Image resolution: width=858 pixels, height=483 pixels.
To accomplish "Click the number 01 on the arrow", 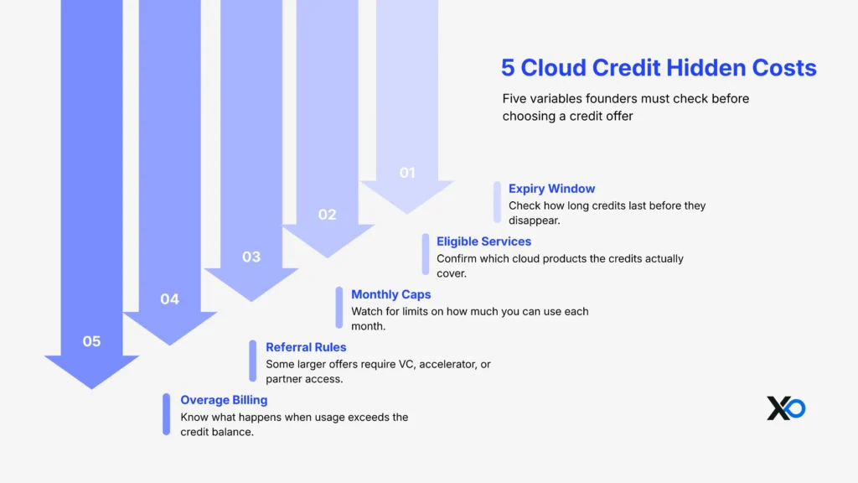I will click(407, 173).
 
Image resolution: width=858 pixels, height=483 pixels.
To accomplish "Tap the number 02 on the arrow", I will click(327, 215).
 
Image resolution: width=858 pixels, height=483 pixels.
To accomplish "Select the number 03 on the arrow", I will click(251, 257).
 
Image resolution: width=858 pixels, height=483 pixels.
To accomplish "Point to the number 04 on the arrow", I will click(170, 299).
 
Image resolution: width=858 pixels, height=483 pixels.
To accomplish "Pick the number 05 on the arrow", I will click(91, 341).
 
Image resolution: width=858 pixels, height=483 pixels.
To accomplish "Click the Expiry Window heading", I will click(551, 189).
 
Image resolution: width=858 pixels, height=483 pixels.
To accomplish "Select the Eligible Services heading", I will click(483, 241).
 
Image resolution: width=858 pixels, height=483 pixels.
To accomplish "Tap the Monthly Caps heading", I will click(390, 294).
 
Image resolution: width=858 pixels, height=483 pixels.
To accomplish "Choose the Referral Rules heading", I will click(306, 347).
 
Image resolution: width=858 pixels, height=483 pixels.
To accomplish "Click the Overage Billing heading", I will click(224, 400).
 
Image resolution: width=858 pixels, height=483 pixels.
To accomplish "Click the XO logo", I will click(786, 408).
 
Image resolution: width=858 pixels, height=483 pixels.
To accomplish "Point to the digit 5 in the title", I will click(508, 68).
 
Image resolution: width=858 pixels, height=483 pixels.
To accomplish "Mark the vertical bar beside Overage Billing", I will click(166, 414).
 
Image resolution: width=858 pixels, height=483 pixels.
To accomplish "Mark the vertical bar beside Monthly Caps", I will click(339, 308).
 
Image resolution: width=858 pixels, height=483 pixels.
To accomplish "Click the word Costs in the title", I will click(785, 68).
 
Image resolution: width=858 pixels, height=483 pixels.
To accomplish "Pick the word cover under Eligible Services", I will click(452, 273).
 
